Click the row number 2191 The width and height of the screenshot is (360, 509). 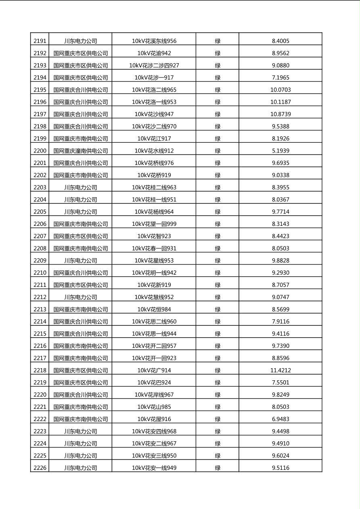click(x=40, y=41)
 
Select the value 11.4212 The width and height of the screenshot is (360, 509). click(x=280, y=370)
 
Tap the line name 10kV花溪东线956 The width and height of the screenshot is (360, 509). click(x=154, y=41)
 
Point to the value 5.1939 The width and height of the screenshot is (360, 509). click(x=280, y=151)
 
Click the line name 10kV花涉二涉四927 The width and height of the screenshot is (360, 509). click(x=154, y=65)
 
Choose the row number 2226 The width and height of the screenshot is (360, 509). click(x=40, y=468)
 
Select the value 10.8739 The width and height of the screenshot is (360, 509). click(x=280, y=114)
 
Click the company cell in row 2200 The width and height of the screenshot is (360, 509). click(x=81, y=151)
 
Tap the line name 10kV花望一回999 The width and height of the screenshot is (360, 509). click(x=154, y=224)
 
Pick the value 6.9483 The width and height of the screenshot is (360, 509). click(x=280, y=419)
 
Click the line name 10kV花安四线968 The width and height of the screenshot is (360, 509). click(x=154, y=431)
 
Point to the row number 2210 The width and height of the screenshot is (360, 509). click(x=40, y=273)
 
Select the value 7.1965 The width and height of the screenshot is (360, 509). click(x=280, y=77)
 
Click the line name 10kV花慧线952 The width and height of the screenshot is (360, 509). click(x=154, y=297)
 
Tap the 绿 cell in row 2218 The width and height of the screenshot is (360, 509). click(x=218, y=370)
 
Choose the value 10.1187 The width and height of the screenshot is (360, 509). click(x=280, y=102)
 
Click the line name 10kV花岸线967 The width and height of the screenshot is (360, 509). click(x=154, y=394)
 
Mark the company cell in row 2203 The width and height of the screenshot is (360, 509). click(x=81, y=187)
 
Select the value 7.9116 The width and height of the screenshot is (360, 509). click(x=280, y=321)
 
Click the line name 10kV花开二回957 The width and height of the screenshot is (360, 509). click(x=154, y=346)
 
